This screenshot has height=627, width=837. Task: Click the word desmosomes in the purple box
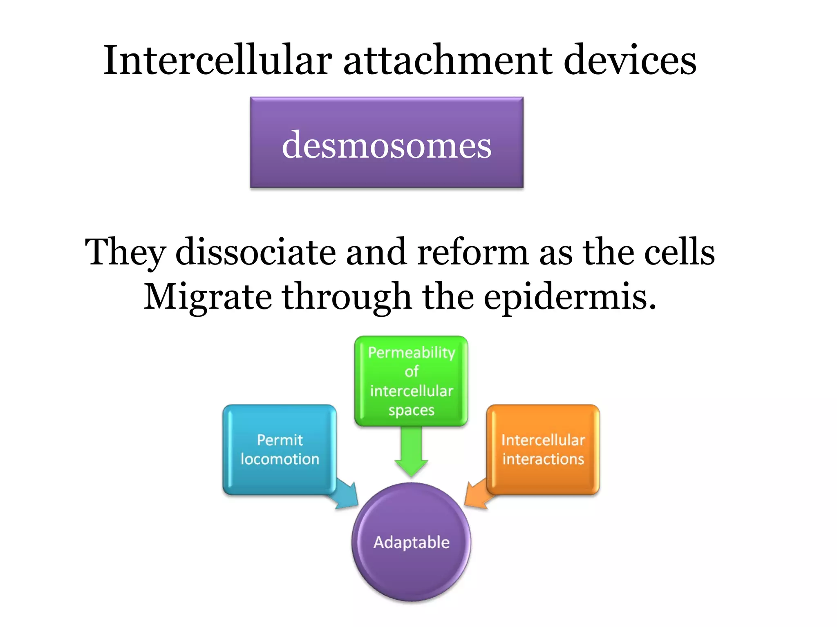pos(387,145)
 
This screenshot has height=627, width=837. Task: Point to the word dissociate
pos(255,252)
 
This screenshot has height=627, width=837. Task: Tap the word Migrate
pos(208,297)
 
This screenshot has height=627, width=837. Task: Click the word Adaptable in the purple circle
pos(411,542)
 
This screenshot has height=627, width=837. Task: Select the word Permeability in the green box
pos(411,353)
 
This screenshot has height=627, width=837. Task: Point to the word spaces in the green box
pos(411,410)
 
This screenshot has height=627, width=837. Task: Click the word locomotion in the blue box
pos(280,459)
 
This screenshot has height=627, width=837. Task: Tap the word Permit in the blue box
pos(280,440)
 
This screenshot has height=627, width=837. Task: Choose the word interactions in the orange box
pos(543,459)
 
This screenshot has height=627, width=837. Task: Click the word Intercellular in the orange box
pos(543,440)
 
